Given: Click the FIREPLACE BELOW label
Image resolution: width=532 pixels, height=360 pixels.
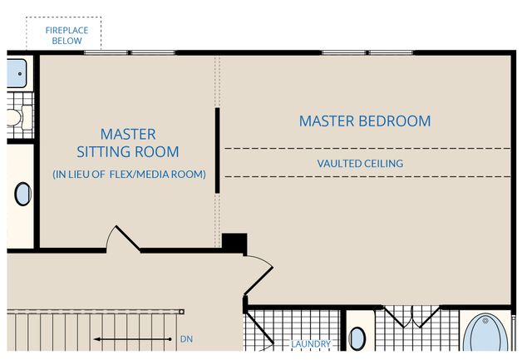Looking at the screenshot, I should click(x=64, y=34).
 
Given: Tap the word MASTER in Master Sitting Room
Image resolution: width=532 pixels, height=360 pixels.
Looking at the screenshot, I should click(x=128, y=133).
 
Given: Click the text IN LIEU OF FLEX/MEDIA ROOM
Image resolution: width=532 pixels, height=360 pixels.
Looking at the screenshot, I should click(x=129, y=174).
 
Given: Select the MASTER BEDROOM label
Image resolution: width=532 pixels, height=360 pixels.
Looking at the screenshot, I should click(x=365, y=121).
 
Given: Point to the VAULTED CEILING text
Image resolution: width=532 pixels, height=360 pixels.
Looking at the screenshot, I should click(x=360, y=164).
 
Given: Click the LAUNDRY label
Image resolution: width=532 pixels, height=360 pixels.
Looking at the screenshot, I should click(x=310, y=343).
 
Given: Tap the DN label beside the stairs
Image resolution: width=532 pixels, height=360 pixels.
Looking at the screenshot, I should click(x=185, y=339).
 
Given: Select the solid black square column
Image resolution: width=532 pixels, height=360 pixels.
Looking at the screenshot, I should click(x=234, y=242).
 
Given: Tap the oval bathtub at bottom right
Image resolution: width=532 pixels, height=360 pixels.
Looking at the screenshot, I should click(x=486, y=337).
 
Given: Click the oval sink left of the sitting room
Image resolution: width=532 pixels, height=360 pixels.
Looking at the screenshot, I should click(x=22, y=194).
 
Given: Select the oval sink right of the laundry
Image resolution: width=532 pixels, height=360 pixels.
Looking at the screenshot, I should click(x=357, y=338).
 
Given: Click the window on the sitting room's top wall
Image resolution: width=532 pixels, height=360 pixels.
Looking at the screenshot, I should click(x=128, y=53).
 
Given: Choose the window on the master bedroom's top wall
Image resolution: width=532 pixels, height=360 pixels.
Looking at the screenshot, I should click(x=368, y=53).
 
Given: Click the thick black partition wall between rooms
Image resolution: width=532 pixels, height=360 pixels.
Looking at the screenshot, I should click(x=217, y=150).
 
